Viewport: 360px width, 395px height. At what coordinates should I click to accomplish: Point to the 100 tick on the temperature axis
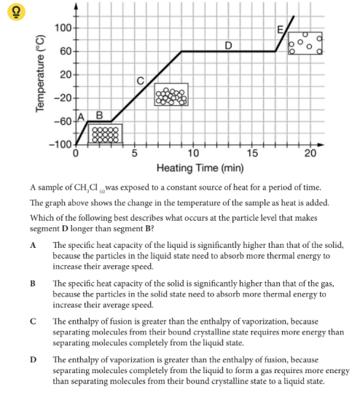(x=63, y=28)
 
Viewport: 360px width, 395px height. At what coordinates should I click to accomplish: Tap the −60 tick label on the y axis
(x=61, y=121)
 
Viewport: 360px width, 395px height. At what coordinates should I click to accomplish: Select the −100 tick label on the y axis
(x=60, y=144)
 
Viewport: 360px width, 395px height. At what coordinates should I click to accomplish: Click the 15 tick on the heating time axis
(x=251, y=153)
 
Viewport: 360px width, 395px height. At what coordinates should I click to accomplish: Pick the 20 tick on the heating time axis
(x=310, y=153)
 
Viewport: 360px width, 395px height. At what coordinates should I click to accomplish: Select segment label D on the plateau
(x=228, y=45)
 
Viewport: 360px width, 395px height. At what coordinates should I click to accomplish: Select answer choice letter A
(x=34, y=246)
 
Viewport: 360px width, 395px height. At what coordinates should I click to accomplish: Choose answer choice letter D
(x=34, y=359)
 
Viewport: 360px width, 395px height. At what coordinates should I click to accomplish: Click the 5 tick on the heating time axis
(x=134, y=153)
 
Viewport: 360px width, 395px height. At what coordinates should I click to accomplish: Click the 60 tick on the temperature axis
(x=64, y=51)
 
